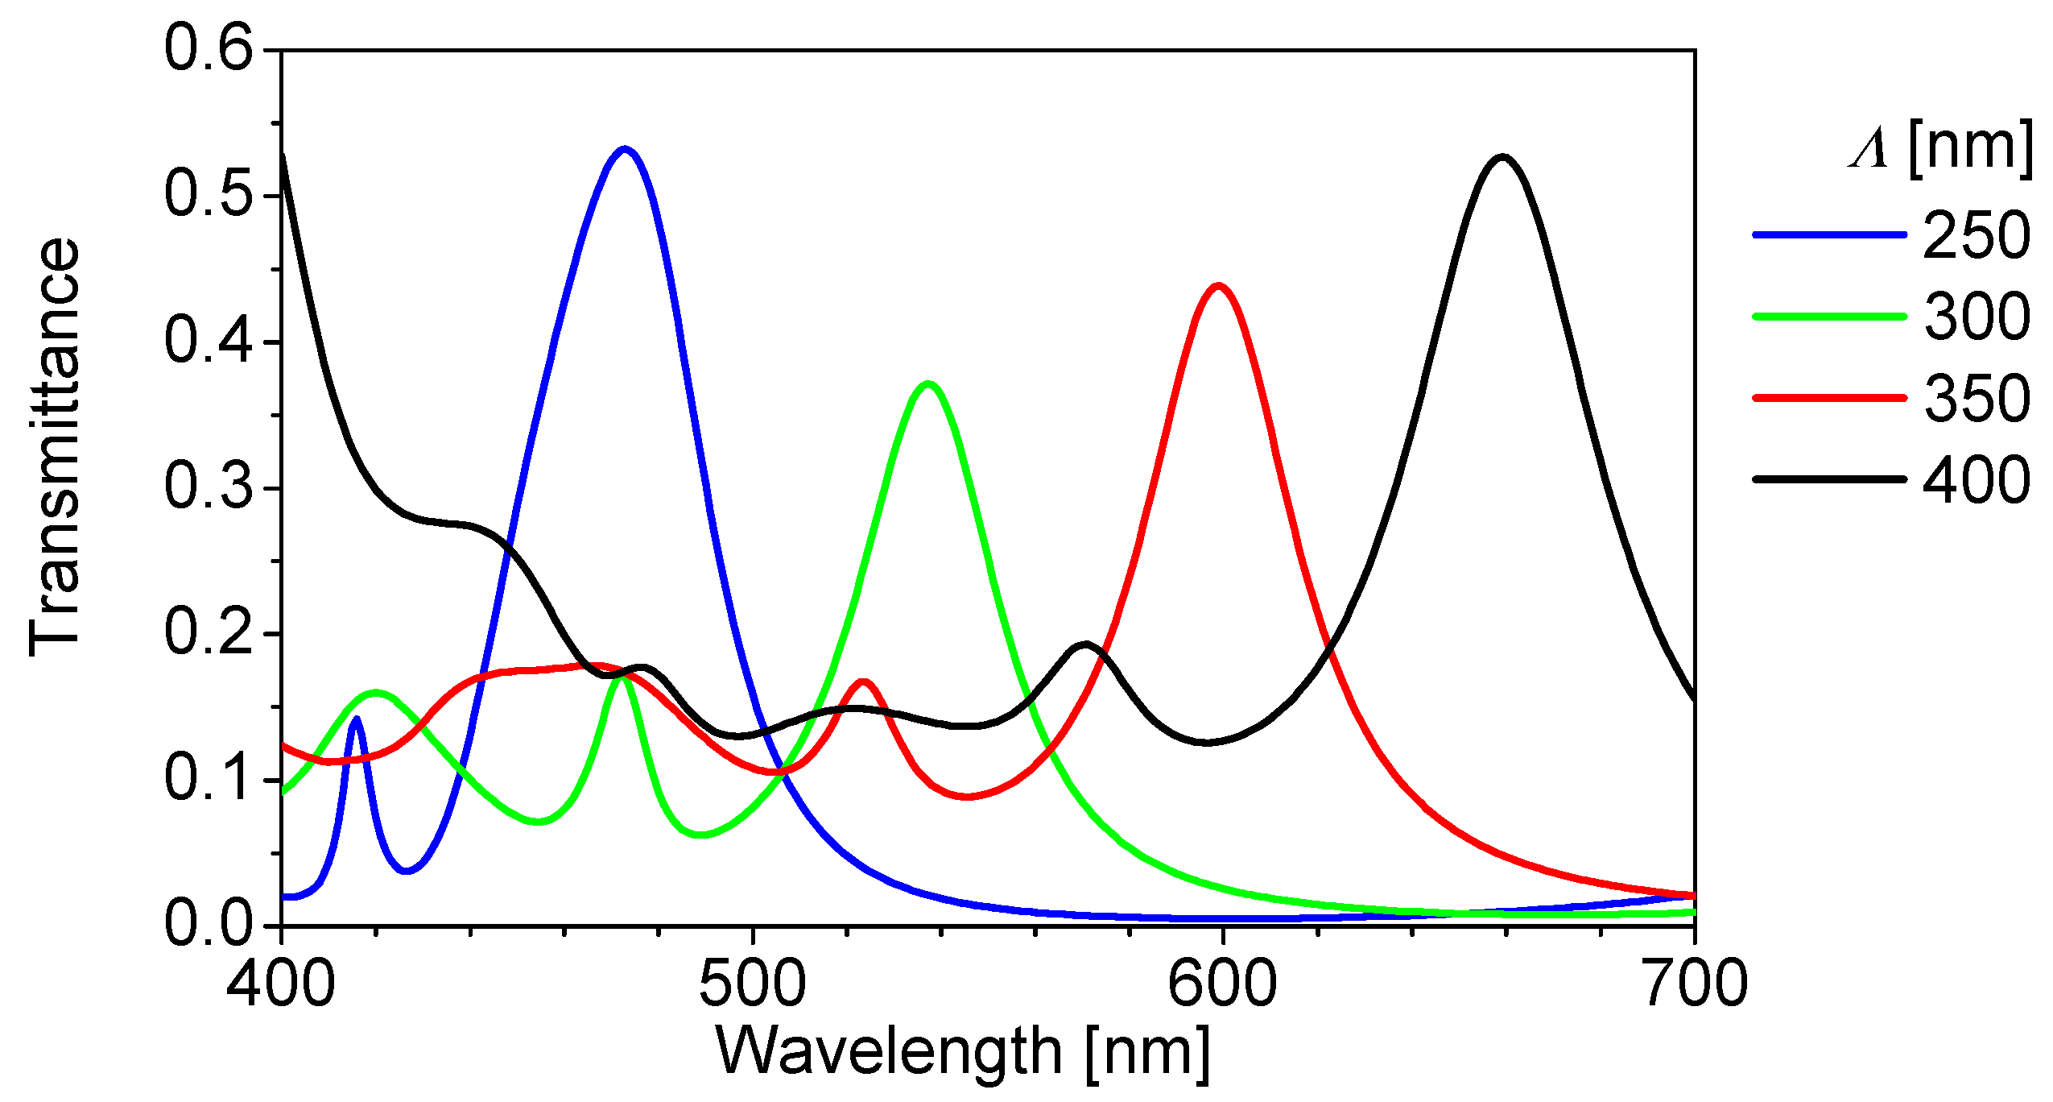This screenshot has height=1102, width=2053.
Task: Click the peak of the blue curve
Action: coord(625,149)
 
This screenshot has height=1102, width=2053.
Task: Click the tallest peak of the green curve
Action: coord(928,384)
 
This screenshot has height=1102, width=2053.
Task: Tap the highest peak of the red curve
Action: coord(1218,286)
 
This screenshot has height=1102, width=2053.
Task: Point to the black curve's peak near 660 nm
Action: coord(1502,157)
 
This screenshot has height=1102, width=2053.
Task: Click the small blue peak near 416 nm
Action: coord(356,719)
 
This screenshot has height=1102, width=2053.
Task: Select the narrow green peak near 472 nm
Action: coord(621,677)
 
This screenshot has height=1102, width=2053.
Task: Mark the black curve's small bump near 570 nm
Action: coord(1085,644)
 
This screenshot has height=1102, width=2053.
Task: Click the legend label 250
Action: coord(1977,235)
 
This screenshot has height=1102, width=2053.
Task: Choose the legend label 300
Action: coord(1977,317)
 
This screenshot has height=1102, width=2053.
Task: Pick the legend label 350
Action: coord(1977,398)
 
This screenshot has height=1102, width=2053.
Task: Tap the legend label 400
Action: coord(1977,479)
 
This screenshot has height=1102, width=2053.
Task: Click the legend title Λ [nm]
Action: coord(1940,148)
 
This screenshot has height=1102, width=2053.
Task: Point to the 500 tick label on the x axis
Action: coord(752,984)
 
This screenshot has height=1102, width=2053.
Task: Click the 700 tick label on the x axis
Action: coord(1694,984)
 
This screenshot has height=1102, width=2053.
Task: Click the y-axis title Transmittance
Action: coord(55,447)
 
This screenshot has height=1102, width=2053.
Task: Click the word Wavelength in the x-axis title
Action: coord(889,1051)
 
